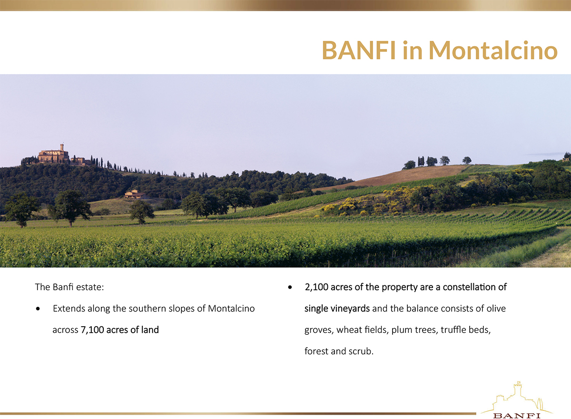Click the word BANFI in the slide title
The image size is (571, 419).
pyautogui.click(x=359, y=50)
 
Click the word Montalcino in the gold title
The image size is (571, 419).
pyautogui.click(x=493, y=50)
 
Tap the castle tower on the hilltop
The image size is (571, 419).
pyautogui.click(x=62, y=148)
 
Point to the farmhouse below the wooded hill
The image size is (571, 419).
pyautogui.click(x=135, y=195)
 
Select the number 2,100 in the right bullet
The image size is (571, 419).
pyautogui.click(x=316, y=287)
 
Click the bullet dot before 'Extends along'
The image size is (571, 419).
pyautogui.click(x=38, y=309)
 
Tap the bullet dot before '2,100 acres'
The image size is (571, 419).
pyautogui.click(x=290, y=288)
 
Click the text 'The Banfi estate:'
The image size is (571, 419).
pyautogui.click(x=69, y=287)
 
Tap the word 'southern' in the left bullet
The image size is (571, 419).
pyautogui.click(x=148, y=309)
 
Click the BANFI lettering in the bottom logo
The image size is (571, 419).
pyautogui.click(x=517, y=416)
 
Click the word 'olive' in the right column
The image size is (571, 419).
pyautogui.click(x=496, y=309)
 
